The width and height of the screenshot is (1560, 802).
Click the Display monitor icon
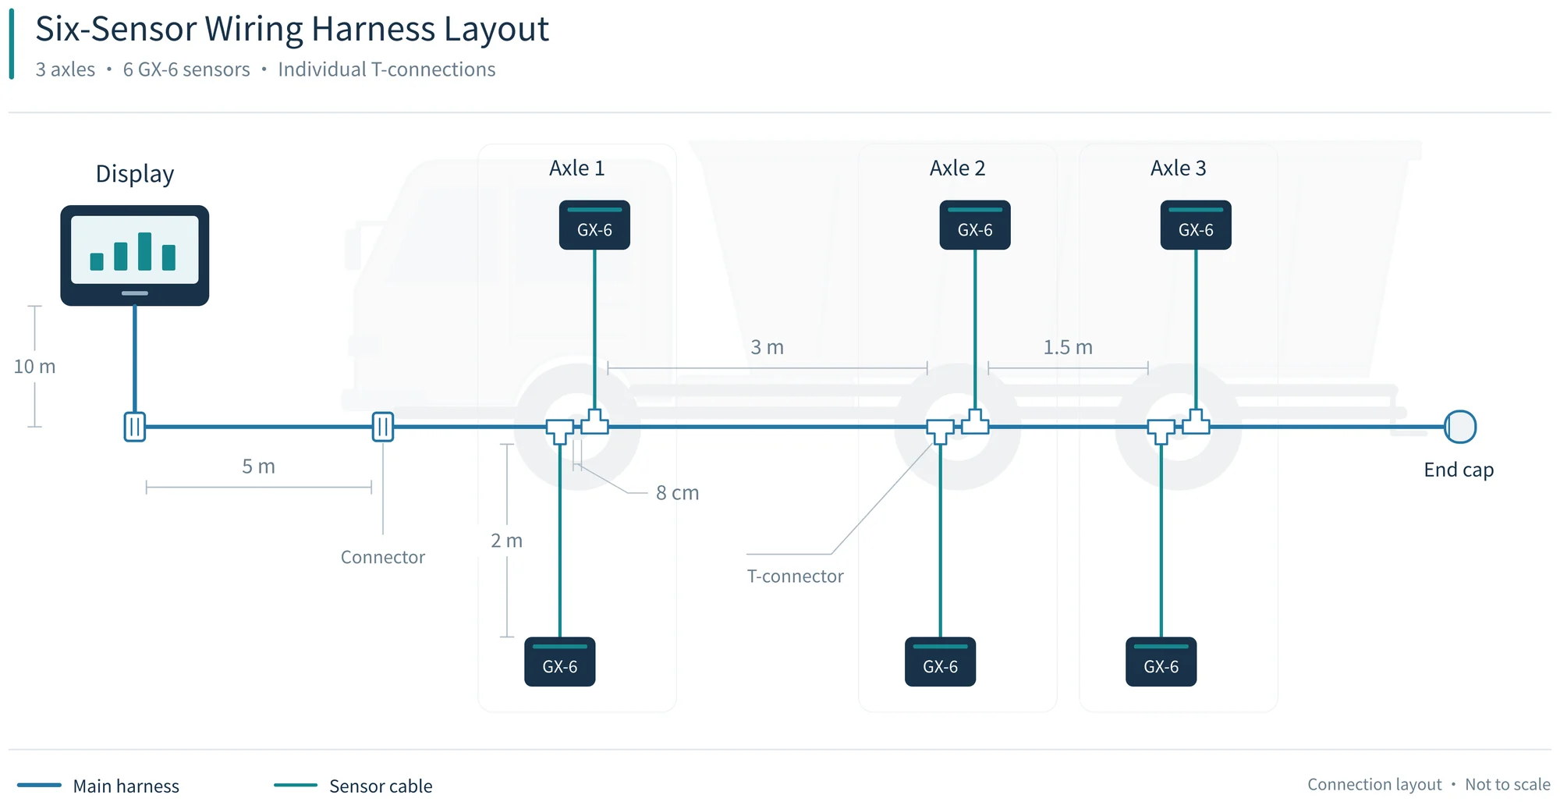click(x=135, y=255)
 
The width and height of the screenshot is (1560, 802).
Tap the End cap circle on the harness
click(x=1460, y=427)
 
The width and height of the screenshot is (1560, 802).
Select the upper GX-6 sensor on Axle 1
click(x=594, y=225)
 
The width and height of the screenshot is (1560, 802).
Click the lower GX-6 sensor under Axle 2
click(x=940, y=662)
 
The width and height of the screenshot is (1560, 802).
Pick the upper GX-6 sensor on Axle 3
click(x=1196, y=225)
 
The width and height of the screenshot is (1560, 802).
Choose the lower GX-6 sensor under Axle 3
click(x=1161, y=662)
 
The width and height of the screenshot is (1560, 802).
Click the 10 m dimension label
click(x=34, y=367)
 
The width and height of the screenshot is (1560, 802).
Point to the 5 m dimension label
click(x=258, y=467)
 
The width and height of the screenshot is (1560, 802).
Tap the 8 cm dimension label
click(x=677, y=493)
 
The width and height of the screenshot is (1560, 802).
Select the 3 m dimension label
click(x=767, y=347)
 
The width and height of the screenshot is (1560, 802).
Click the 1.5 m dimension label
click(x=1068, y=347)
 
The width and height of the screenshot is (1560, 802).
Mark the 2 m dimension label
click(x=506, y=541)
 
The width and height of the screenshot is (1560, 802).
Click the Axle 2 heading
click(x=957, y=168)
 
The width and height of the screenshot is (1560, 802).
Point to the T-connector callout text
click(x=795, y=577)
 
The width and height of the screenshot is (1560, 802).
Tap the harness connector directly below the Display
click(x=135, y=427)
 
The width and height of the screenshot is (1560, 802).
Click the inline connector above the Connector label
click(x=383, y=427)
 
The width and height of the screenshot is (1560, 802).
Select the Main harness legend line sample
click(x=39, y=785)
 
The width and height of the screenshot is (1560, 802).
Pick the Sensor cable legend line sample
click(x=296, y=785)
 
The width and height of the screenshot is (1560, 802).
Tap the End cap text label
click(x=1459, y=470)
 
